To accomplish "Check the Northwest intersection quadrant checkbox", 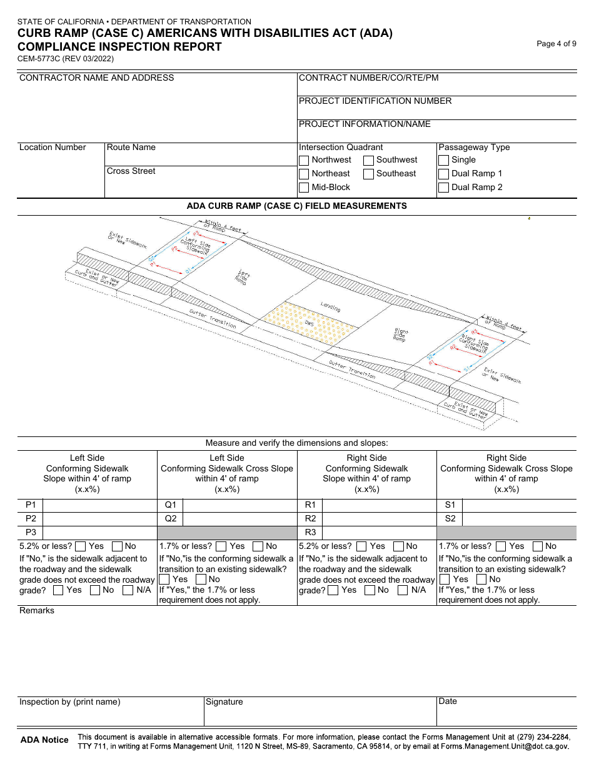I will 304,160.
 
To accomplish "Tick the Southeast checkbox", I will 368,174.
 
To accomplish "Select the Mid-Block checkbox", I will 304,188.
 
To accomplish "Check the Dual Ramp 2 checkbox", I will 443,188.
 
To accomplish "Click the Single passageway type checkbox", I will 443,160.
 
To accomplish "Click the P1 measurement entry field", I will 99,505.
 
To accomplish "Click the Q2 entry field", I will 239,519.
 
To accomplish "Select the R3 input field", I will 379,533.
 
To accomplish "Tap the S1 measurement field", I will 519,505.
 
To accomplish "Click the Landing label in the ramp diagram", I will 330,307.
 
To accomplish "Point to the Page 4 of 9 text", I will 556,44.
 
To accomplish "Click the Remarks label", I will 37,611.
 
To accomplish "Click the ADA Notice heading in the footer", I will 44,740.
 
